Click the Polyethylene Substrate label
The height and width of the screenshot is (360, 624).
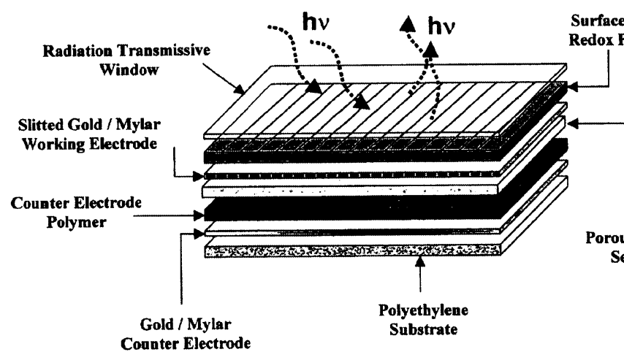click(422, 320)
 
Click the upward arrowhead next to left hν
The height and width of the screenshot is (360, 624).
click(400, 28)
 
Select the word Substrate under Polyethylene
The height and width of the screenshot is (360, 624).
click(422, 329)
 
